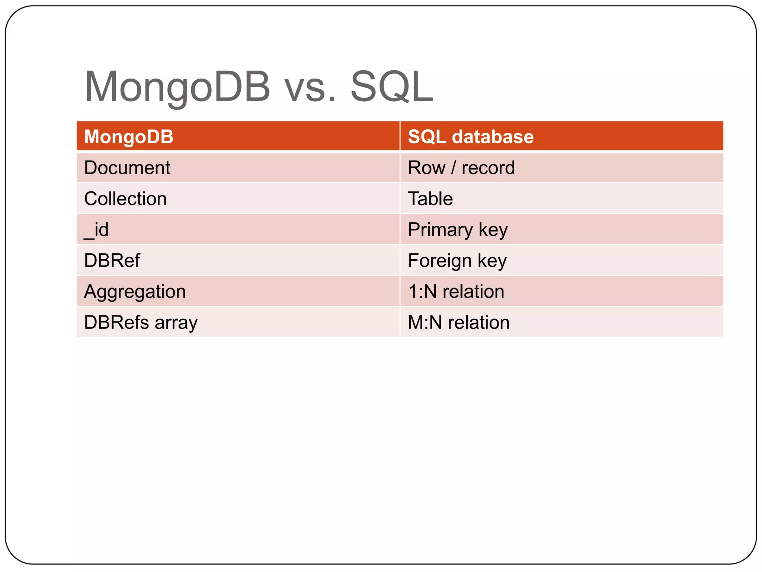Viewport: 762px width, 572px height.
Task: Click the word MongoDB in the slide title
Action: click(x=177, y=87)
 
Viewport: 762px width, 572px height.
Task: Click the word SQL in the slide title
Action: click(x=391, y=87)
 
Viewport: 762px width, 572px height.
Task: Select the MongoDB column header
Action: click(x=129, y=137)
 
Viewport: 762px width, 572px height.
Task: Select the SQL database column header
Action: click(x=470, y=137)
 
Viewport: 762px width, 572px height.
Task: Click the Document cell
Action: click(x=127, y=168)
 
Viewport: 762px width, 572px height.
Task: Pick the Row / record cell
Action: click(x=461, y=168)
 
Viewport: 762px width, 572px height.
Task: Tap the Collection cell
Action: click(x=125, y=198)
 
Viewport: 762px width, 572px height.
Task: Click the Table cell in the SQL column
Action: click(x=430, y=198)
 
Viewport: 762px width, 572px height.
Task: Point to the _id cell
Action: click(x=96, y=229)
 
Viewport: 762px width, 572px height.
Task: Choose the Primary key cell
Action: click(x=457, y=229)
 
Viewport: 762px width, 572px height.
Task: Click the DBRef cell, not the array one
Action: click(x=112, y=260)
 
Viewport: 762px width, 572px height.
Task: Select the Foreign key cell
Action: click(x=457, y=260)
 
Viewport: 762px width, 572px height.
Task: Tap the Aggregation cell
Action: click(x=135, y=291)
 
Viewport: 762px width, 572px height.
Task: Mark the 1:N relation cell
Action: click(x=456, y=291)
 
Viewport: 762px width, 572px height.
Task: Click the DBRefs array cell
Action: click(x=141, y=322)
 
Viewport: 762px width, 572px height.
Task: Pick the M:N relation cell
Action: click(x=458, y=322)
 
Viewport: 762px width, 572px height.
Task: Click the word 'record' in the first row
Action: click(x=488, y=168)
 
